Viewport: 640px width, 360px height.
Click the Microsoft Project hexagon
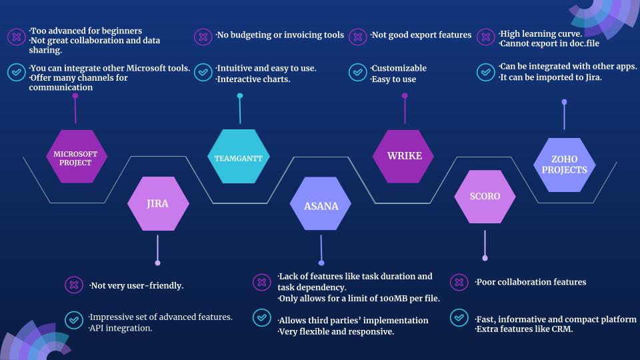click(x=75, y=156)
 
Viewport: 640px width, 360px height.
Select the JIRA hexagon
click(x=158, y=203)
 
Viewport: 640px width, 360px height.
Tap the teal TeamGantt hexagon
click(x=239, y=156)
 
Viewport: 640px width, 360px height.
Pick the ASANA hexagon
click(x=321, y=204)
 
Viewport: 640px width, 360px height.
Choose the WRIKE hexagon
click(x=403, y=156)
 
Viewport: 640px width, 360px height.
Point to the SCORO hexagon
click(x=485, y=197)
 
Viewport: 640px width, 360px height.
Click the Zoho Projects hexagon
click(x=565, y=165)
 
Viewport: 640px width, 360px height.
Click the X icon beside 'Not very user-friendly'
click(x=74, y=285)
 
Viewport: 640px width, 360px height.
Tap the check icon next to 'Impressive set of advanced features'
click(x=74, y=321)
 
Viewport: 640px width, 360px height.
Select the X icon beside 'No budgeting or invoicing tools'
click(x=203, y=37)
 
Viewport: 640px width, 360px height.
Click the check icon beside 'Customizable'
click(x=357, y=72)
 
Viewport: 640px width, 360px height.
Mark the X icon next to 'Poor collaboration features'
click(x=459, y=282)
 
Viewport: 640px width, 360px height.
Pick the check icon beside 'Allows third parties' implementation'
click(x=261, y=317)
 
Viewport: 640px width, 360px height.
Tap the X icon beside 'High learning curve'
click(x=486, y=37)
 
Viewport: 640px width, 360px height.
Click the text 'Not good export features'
click(x=421, y=35)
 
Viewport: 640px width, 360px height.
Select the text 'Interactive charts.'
click(x=253, y=79)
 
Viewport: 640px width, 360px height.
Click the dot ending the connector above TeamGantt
click(x=240, y=96)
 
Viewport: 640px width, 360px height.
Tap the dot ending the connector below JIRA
click(x=157, y=263)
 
